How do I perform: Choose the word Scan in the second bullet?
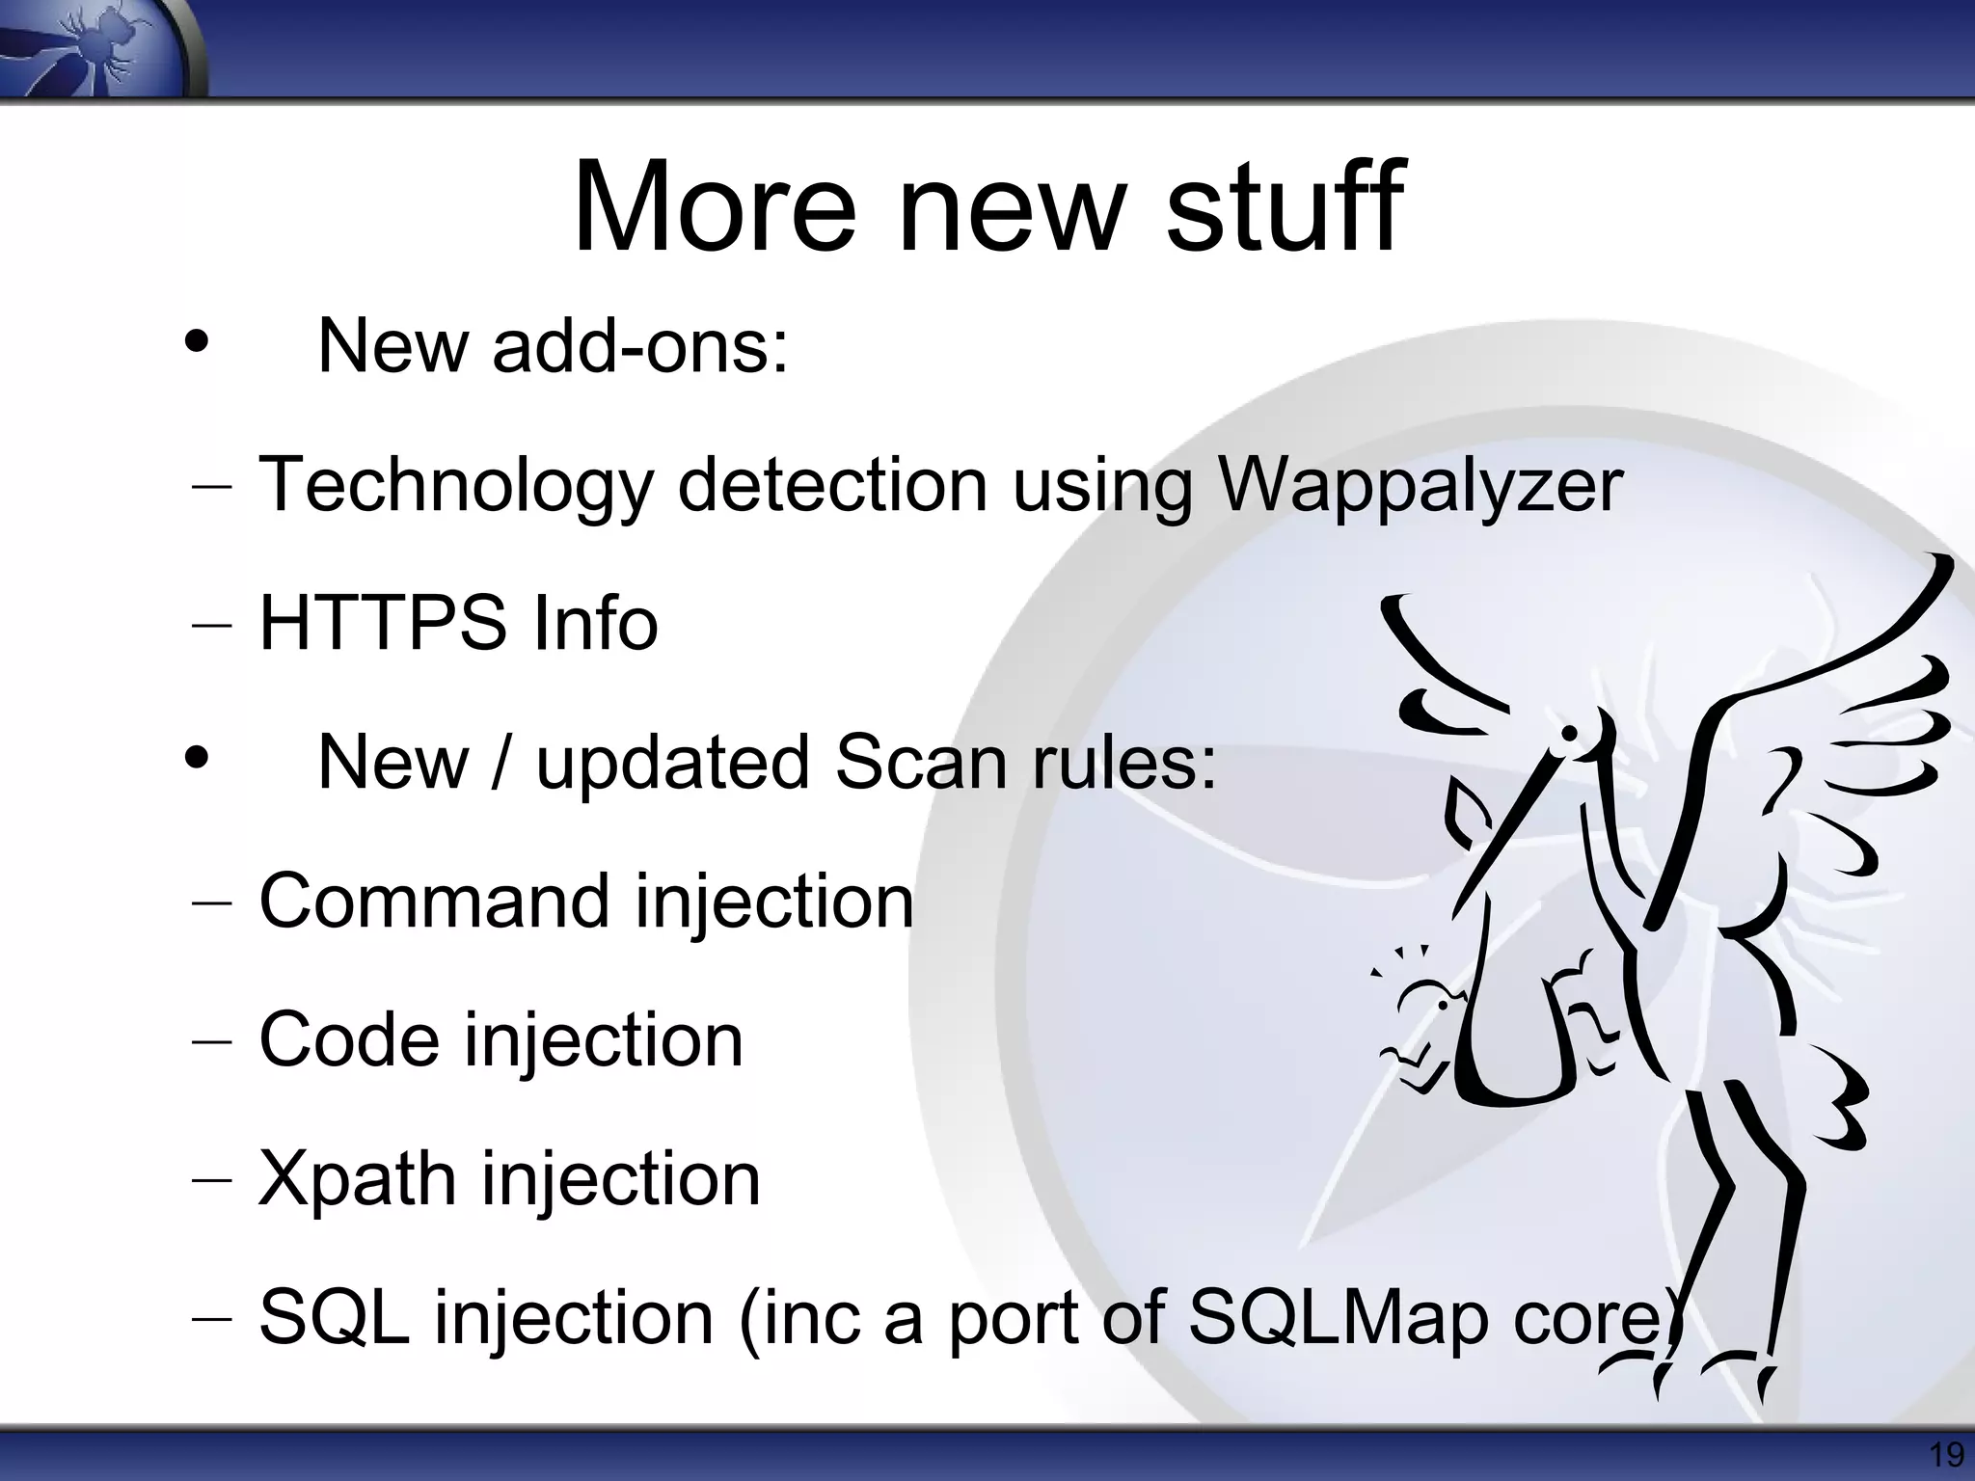[921, 762]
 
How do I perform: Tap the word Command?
[435, 901]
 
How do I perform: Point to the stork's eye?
[1569, 734]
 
